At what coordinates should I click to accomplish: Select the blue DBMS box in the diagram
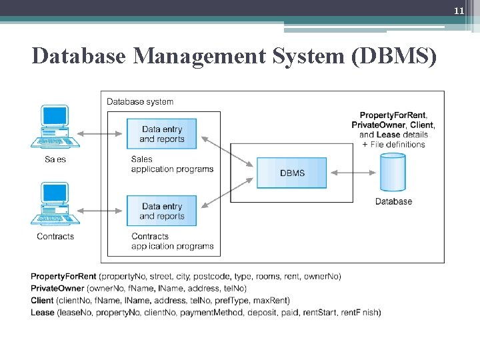292,173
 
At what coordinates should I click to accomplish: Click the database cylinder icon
393,172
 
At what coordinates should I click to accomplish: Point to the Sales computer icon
55,126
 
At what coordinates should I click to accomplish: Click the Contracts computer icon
55,204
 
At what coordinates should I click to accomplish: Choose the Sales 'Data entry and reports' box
162,134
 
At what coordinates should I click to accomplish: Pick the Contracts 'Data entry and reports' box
162,211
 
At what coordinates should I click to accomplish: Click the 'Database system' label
140,102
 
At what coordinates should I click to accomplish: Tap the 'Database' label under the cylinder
393,201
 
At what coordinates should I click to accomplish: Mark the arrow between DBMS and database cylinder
353,173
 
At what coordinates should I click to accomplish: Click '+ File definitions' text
393,144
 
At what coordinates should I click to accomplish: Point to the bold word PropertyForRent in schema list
63,277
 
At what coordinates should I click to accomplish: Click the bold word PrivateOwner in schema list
57,289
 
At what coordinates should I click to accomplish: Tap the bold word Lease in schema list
42,313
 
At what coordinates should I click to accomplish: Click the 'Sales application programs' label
172,164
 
